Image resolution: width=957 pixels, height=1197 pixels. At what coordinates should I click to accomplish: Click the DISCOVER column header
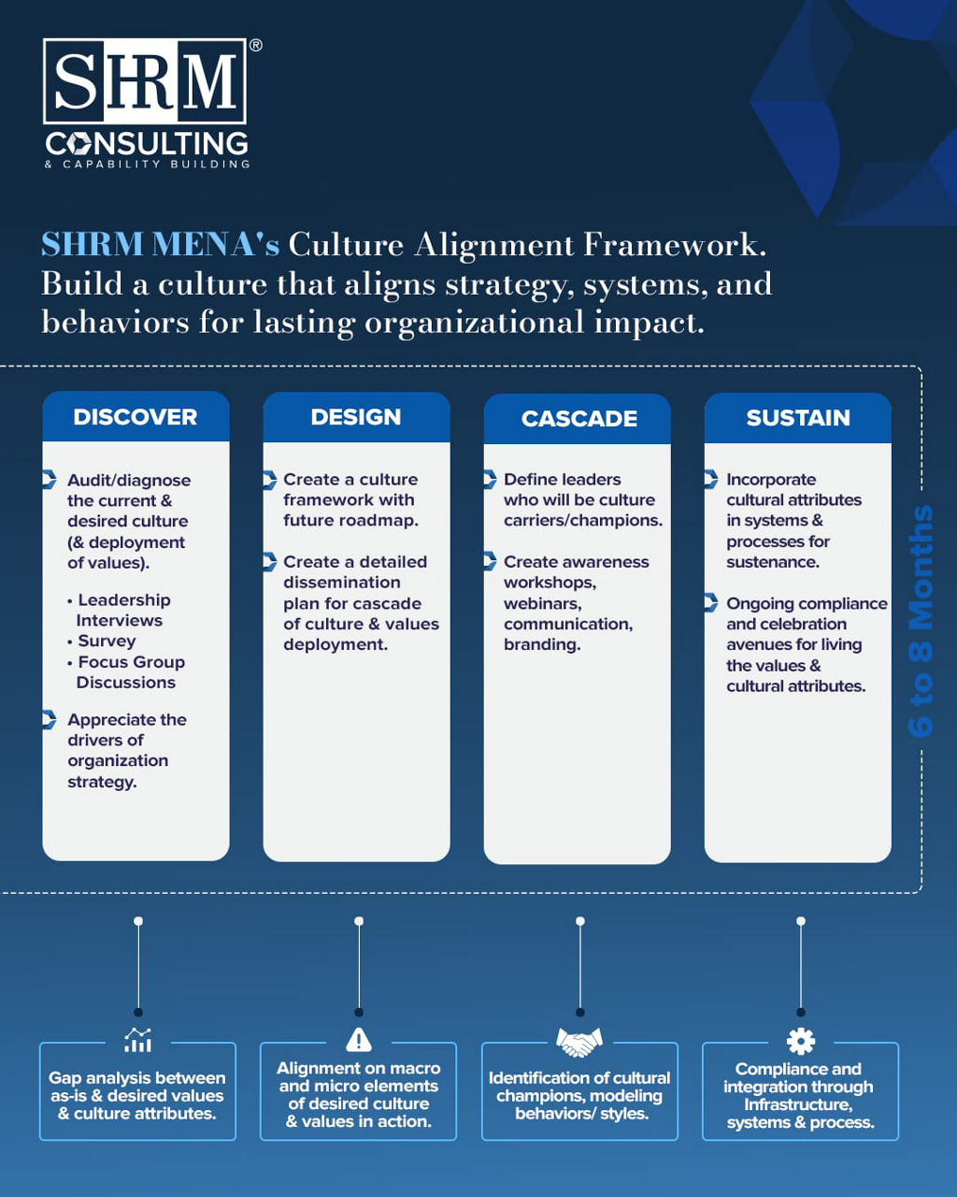pos(136,417)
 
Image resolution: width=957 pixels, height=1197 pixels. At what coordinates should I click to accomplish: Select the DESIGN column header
pos(356,417)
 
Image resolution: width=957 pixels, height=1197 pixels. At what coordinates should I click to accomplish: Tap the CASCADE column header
pos(578,419)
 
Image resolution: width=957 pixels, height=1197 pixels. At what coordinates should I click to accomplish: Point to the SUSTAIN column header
pos(798,418)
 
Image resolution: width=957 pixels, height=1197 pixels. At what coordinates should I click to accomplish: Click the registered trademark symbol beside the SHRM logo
pos(255,46)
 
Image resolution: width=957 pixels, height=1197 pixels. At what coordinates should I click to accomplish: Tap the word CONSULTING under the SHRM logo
pos(147,143)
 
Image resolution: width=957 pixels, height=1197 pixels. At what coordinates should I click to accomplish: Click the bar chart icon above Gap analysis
pos(138,1040)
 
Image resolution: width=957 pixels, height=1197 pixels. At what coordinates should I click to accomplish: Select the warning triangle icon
pos(359,1039)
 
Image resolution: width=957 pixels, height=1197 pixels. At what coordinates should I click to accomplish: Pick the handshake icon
pos(579,1041)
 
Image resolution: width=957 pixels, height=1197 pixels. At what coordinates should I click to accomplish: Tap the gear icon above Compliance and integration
pos(801,1041)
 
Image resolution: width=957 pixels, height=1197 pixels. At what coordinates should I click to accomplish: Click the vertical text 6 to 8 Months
pos(921,621)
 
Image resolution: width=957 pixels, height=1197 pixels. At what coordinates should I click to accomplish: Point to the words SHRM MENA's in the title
pos(160,244)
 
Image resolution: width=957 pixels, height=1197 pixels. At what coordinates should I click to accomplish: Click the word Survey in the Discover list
pos(107,641)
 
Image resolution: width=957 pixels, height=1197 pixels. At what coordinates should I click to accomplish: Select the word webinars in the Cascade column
pos(542,603)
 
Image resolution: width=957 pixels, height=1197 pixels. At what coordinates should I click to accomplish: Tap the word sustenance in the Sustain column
pos(772,562)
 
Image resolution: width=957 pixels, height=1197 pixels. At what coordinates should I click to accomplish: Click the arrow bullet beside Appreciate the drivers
pos(50,719)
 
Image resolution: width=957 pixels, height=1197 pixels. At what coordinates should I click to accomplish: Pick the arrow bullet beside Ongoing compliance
pos(710,602)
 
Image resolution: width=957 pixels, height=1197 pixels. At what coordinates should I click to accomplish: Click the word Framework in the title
pos(674,244)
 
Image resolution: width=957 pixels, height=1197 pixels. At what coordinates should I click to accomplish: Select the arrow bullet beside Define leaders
pos(490,479)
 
